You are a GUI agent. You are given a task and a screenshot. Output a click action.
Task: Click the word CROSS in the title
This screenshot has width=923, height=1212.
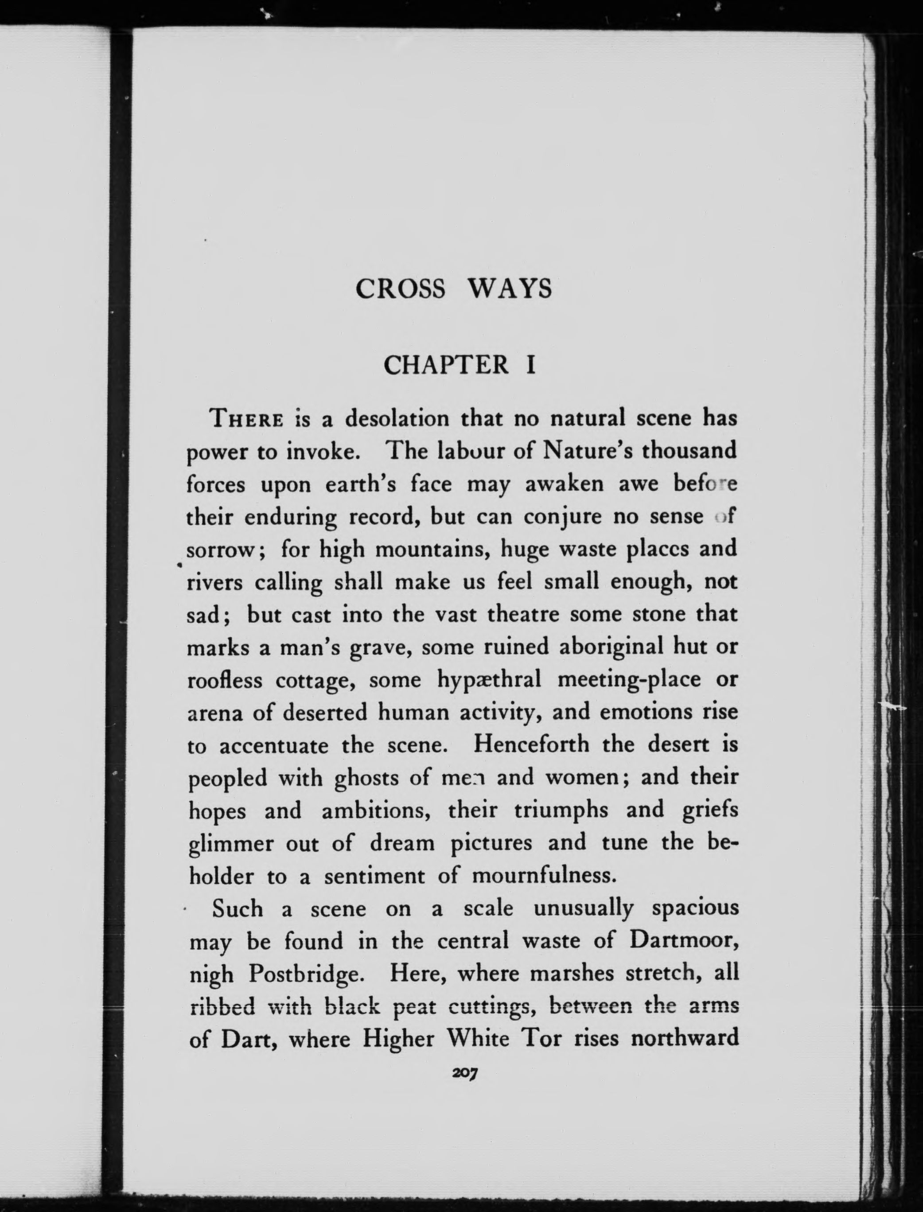point(400,289)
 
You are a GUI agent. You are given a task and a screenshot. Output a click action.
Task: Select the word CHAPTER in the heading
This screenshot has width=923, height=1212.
point(446,365)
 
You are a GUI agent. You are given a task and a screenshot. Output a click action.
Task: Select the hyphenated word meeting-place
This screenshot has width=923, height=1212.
point(629,680)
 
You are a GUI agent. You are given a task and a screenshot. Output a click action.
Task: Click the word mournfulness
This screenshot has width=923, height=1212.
point(542,875)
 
